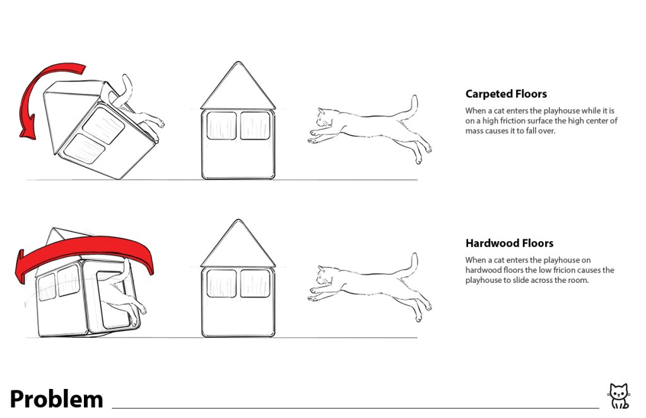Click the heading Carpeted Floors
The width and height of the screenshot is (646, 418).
[x=506, y=94]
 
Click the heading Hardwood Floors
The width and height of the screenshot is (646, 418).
[x=509, y=243]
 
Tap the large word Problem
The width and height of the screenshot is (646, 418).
[x=56, y=400]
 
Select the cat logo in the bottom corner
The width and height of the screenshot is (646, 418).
[x=620, y=396]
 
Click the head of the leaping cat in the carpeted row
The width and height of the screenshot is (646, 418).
[x=326, y=118]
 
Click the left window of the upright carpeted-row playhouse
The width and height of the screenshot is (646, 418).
[x=221, y=125]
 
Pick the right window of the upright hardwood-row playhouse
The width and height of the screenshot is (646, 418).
[x=255, y=284]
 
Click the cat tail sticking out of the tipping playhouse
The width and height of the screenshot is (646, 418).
[x=124, y=91]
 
